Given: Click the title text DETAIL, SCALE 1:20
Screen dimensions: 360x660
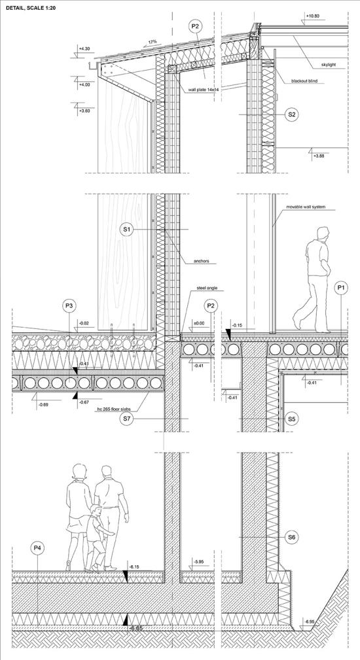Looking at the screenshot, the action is click(x=32, y=8).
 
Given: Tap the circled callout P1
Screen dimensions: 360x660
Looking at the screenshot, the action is click(x=341, y=288).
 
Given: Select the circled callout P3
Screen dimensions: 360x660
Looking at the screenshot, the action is click(x=69, y=306).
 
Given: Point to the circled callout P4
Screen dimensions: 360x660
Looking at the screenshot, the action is click(x=38, y=547).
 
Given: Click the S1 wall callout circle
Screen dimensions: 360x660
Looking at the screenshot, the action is click(x=127, y=230).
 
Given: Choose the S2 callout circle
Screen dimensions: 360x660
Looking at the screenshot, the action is click(x=291, y=114).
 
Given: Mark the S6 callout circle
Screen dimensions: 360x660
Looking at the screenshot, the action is click(x=291, y=537).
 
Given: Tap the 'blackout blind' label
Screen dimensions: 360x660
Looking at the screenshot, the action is click(x=304, y=81).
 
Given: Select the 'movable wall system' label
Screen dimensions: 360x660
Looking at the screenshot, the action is click(x=306, y=207).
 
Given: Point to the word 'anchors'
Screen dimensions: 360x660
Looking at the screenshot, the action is click(x=201, y=261).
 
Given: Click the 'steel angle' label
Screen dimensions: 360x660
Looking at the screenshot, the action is click(x=204, y=288).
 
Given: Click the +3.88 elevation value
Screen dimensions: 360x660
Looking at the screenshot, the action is click(x=318, y=156).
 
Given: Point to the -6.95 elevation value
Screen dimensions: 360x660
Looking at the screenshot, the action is click(x=310, y=621).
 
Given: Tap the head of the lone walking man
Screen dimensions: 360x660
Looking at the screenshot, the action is click(x=323, y=234).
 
